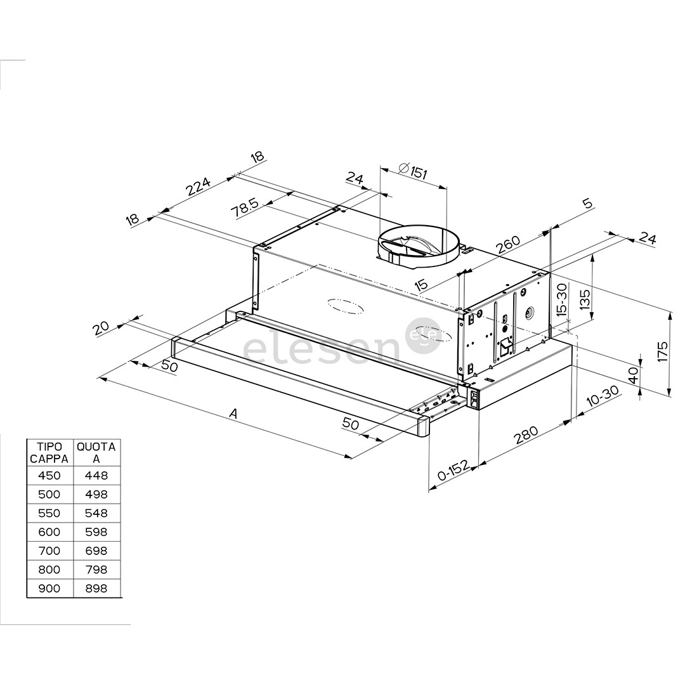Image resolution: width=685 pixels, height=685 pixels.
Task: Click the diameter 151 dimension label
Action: pos(413,171)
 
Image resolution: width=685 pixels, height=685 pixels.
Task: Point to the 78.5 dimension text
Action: pos(245,208)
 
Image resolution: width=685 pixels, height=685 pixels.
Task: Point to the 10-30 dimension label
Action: pos(602,396)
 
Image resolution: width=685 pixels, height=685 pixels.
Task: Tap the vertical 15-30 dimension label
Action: pos(561,299)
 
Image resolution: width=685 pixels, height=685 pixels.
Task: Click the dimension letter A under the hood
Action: pos(233,414)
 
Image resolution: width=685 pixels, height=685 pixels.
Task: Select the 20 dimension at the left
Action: pos(101,328)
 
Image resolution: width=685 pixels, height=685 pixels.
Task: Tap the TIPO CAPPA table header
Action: pos(49,453)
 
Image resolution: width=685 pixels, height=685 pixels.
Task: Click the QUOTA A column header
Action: pos(96,453)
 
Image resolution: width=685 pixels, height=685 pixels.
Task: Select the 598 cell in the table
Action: pos(96,532)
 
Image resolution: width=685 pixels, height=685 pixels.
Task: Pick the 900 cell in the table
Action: pos(49,588)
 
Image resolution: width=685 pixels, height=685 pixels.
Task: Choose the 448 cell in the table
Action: pos(96,475)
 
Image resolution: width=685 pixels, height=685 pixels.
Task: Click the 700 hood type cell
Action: pos(49,551)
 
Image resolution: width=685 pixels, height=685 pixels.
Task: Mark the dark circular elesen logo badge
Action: pos(423,336)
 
